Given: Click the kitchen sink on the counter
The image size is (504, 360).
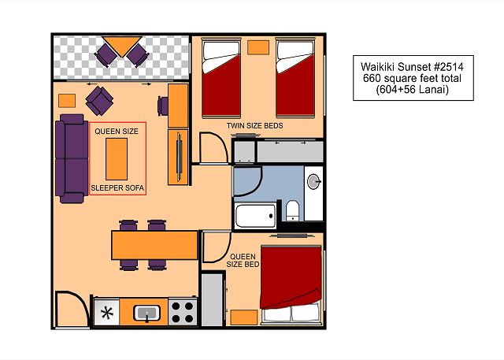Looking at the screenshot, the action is click(147, 313).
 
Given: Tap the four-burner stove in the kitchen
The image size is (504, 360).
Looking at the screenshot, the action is click(183, 312).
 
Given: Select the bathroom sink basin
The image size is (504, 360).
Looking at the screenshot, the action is click(313, 182).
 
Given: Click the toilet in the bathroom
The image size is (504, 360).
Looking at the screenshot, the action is click(292, 210).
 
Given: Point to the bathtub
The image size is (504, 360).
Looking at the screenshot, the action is click(255, 215).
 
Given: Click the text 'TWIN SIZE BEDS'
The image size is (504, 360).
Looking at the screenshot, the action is click(255, 126).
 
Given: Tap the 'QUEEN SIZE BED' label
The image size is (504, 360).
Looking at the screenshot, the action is click(243, 261).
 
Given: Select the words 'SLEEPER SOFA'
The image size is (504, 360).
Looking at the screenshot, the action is click(117, 188).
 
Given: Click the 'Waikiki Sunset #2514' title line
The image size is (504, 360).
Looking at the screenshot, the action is click(412, 67).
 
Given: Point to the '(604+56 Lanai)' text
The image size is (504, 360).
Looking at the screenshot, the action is click(412, 89).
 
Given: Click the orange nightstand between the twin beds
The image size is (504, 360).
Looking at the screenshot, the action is click(258, 47).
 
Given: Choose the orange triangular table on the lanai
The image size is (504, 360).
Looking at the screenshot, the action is click(122, 46).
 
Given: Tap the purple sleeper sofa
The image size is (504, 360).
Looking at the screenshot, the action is click(72, 159).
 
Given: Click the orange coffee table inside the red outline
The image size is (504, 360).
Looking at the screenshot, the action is click(117, 159).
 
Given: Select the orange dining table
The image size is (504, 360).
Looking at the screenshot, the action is click(154, 245).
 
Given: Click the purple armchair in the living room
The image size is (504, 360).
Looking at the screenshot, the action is click(100, 101).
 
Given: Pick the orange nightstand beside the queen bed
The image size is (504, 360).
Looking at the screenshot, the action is click(244, 317).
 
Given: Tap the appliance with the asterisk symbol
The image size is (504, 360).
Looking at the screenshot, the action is click(107, 313).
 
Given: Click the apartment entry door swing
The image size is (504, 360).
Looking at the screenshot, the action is click(72, 310).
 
